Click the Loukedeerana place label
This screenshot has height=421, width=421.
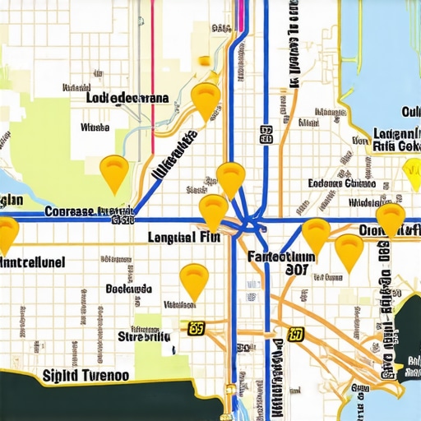[x=127, y=97]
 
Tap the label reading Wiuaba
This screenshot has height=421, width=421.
[x=95, y=127]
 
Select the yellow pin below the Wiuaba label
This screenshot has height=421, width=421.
[x=113, y=172]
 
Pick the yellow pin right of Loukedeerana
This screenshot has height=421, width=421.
[x=206, y=99]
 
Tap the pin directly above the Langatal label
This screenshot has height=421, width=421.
[x=214, y=210]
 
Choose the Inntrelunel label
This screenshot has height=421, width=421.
[x=32, y=262]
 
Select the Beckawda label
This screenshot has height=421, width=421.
[x=129, y=289]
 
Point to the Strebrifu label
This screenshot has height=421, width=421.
[x=144, y=335]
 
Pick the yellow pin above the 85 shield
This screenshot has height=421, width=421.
[x=194, y=280]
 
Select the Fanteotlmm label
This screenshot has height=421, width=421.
[x=280, y=256]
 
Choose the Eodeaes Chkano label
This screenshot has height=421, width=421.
[x=341, y=183]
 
